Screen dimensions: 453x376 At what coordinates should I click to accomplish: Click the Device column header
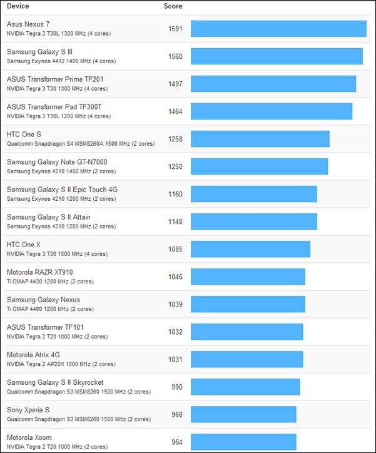[x=18, y=6]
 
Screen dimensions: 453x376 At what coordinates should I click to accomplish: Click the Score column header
[x=173, y=6]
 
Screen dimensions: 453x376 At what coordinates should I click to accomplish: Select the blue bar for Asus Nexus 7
[x=278, y=29]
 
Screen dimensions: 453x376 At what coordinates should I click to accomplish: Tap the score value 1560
[x=175, y=56]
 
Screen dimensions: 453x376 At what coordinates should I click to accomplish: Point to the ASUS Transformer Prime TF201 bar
[x=273, y=84]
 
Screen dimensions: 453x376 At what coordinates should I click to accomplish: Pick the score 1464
[x=175, y=111]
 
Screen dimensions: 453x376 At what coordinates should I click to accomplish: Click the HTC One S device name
[x=24, y=135]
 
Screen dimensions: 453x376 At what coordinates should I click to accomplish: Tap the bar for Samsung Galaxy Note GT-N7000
[x=259, y=166]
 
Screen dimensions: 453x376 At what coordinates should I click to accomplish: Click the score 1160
[x=175, y=194]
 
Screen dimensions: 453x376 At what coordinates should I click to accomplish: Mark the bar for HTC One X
[x=250, y=249]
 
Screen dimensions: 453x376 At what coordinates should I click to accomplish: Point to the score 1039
[x=175, y=304]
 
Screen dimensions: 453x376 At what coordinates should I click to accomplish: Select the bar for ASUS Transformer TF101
[x=246, y=332]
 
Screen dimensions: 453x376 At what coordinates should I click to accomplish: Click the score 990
[x=177, y=387]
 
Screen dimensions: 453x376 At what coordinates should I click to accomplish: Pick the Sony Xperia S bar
[x=243, y=414]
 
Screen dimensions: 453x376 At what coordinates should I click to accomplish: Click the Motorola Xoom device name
[x=29, y=437]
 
